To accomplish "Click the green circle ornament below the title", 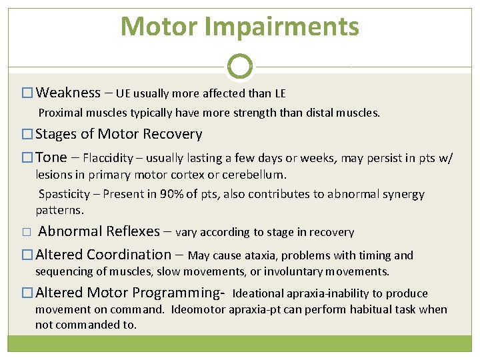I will (240, 67).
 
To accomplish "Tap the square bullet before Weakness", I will (27, 93).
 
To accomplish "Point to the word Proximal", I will (59, 113).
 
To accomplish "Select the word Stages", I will (56, 134).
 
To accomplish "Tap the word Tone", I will (51, 157).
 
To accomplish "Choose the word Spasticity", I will (64, 195).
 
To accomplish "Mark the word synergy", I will (401, 195).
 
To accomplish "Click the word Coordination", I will (129, 255).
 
